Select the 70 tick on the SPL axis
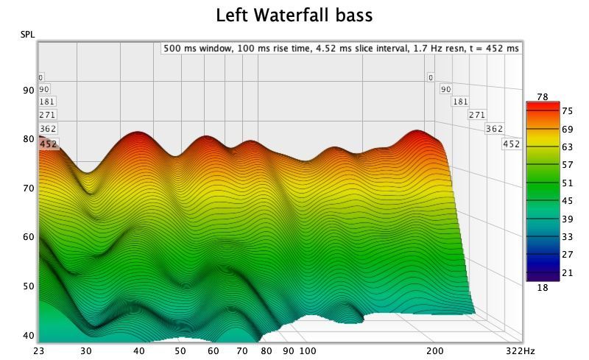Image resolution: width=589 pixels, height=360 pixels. coord(29,188)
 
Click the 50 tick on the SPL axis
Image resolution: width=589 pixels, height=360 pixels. coord(29,286)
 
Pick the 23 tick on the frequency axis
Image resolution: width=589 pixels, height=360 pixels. coord(39,351)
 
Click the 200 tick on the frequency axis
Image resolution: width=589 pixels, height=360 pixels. coord(434,351)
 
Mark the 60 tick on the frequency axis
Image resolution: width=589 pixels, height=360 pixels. coord(214,351)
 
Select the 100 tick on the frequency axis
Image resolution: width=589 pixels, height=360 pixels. coord(308,351)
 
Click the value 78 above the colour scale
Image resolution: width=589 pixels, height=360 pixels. coord(543,96)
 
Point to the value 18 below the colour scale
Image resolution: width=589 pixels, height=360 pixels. coord(543,288)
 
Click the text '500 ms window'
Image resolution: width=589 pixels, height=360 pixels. coord(197,49)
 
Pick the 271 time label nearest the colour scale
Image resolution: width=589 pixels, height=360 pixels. coord(477,115)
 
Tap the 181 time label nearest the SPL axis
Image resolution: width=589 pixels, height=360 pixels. coord(47,102)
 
